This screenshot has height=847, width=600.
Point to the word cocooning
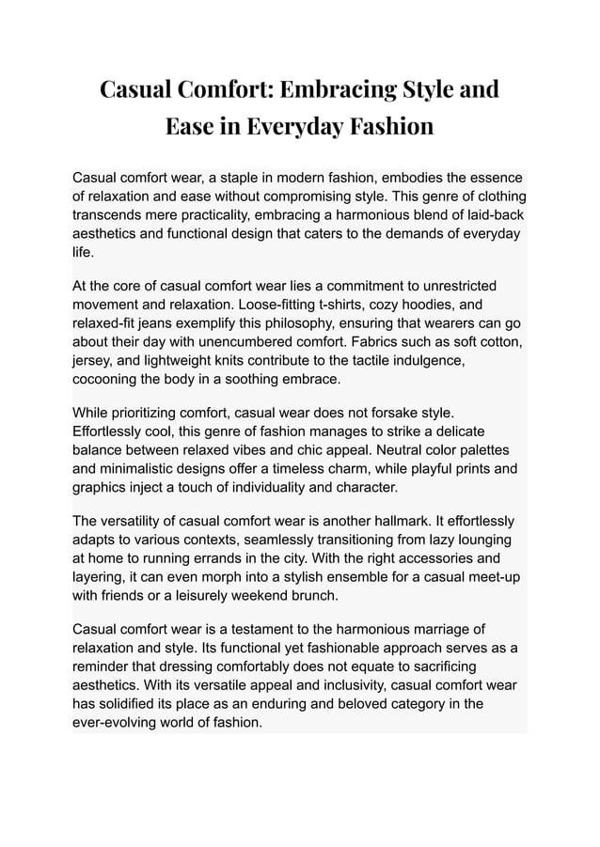[x=110, y=379]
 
